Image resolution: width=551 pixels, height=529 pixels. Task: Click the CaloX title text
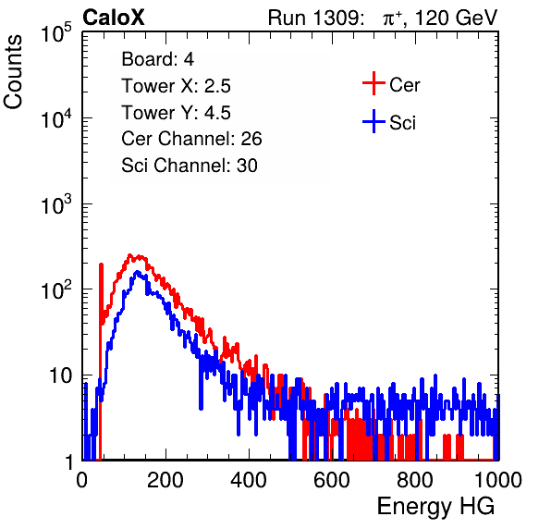point(114,18)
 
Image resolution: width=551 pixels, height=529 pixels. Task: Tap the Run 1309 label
point(315,18)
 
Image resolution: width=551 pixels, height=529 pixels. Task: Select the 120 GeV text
point(456,18)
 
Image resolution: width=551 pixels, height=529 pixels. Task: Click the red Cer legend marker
point(373,83)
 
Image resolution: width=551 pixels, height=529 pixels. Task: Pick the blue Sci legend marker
point(373,121)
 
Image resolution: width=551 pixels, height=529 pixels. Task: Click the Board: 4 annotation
point(157,59)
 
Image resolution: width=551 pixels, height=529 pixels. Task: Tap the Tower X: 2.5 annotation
point(176,86)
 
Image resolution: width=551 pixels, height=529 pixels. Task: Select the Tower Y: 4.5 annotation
point(176,113)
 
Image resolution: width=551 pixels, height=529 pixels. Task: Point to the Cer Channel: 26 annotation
point(191,139)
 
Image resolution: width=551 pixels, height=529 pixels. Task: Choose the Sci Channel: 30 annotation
point(190,166)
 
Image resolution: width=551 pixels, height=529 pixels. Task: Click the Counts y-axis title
point(13,72)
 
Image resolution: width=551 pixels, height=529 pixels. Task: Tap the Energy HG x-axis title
point(435,506)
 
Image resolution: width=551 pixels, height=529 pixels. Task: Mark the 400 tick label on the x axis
point(249,480)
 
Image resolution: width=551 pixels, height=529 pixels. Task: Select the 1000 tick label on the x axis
point(498,480)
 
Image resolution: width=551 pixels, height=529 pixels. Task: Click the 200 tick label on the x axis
point(165,480)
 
